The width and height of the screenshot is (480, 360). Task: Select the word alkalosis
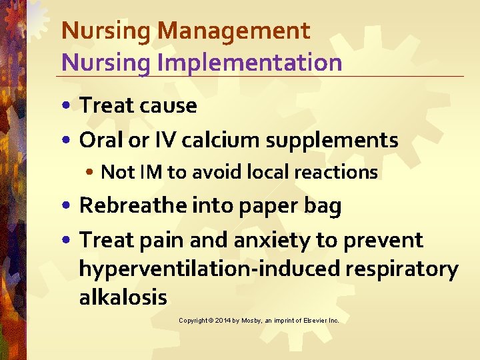point(123,297)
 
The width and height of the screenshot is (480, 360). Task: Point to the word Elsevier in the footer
point(309,321)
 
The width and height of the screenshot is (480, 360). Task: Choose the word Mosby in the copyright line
point(253,321)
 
